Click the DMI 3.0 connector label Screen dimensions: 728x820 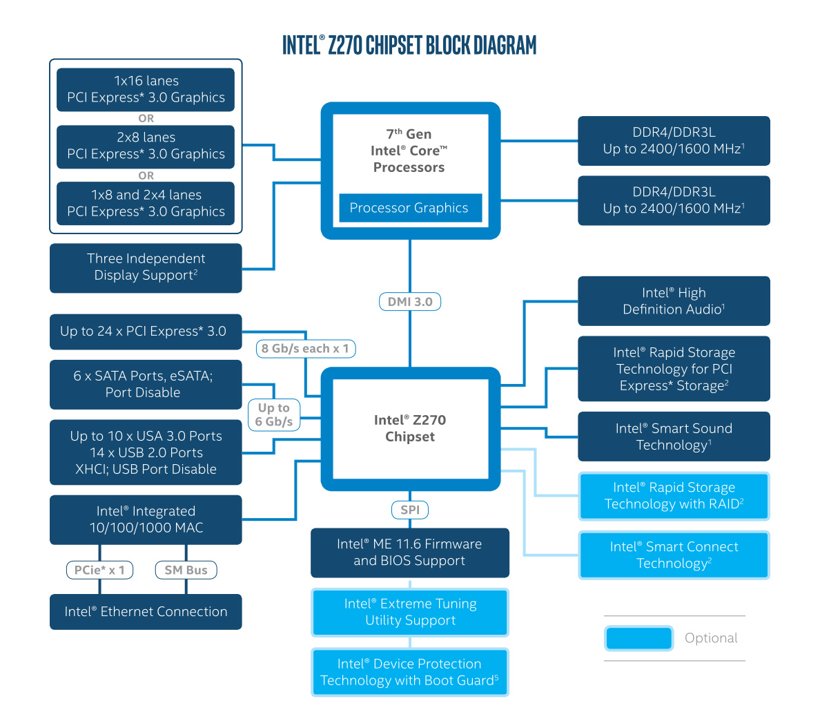coord(410,302)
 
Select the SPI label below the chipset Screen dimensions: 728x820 coord(410,510)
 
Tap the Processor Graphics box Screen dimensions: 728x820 coord(410,208)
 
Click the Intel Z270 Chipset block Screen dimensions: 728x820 coord(410,428)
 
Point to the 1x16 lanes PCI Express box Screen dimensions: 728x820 coord(146,89)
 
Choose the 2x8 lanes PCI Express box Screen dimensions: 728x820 coord(146,146)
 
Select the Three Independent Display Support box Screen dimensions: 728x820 coord(146,267)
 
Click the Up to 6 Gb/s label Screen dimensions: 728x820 coord(274,415)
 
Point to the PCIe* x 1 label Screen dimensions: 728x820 coord(99,570)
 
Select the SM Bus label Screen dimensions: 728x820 coord(186,570)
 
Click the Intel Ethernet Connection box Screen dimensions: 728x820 coord(146,611)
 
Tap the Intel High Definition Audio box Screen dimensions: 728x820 coord(674,301)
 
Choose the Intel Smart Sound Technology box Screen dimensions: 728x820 coord(674,437)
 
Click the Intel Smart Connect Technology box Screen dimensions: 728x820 coord(674,555)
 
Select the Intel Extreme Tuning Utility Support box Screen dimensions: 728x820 coord(410,612)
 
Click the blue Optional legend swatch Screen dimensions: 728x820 coord(638,638)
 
